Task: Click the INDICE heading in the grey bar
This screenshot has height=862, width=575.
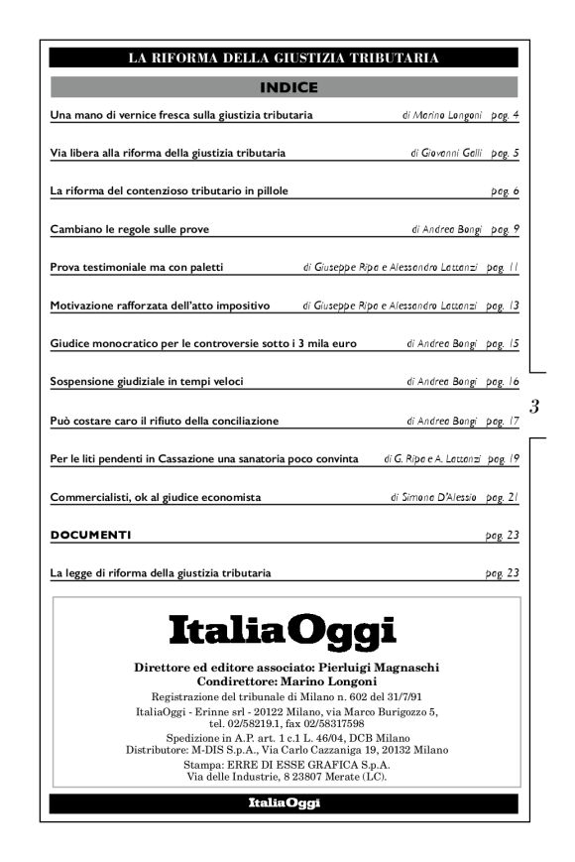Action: (x=287, y=87)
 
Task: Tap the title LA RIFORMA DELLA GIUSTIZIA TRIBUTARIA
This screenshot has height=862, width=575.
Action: (x=284, y=58)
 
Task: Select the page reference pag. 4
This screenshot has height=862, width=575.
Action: (x=505, y=116)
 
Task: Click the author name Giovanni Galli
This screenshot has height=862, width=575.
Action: (x=454, y=154)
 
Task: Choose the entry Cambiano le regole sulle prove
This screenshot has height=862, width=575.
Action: (x=130, y=229)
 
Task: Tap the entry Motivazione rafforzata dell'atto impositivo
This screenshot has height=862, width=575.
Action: (x=160, y=306)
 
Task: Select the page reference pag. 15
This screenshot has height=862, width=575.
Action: (x=504, y=344)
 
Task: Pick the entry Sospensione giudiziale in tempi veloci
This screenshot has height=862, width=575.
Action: (x=147, y=382)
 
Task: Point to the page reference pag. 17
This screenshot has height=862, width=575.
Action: (x=504, y=421)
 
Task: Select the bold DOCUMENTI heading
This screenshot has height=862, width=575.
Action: (x=90, y=536)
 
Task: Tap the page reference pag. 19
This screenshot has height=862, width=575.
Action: (x=504, y=459)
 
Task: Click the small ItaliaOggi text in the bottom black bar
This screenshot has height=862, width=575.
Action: (x=284, y=802)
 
